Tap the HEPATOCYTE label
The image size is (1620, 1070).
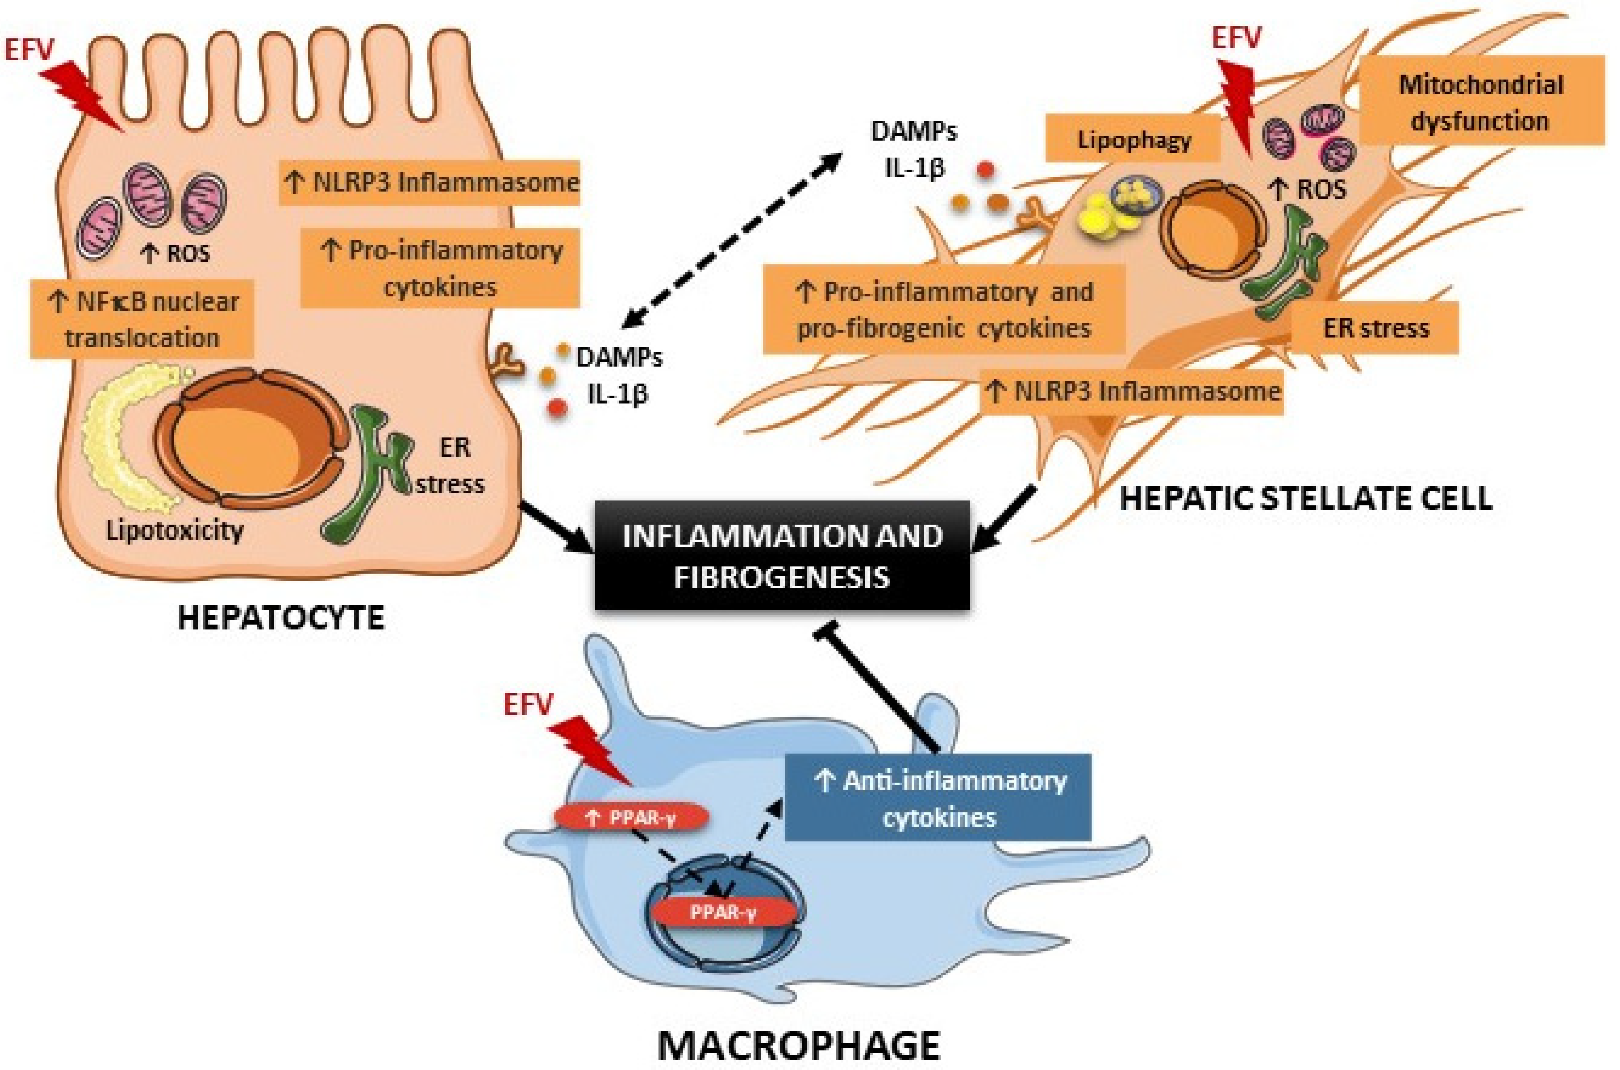click(281, 619)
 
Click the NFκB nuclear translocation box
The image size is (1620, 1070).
click(143, 319)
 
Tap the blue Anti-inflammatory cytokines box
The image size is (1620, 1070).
click(938, 797)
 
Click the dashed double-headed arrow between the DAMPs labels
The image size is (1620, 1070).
click(733, 239)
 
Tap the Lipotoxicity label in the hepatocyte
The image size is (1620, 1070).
click(175, 529)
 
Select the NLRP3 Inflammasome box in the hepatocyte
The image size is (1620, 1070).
click(430, 183)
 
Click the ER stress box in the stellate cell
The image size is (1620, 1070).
click(1375, 329)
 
